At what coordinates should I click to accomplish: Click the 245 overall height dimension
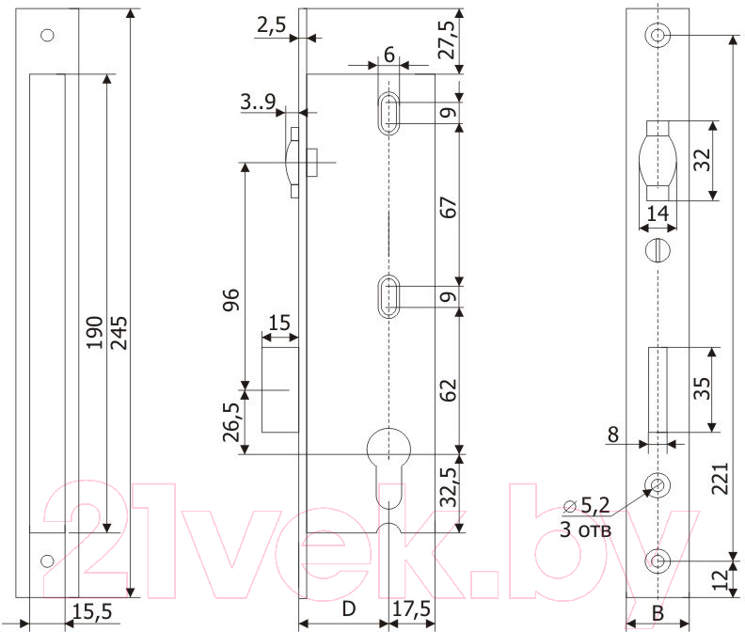click(119, 333)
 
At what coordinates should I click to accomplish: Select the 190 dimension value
click(95, 333)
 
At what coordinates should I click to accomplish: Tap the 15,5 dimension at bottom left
click(92, 611)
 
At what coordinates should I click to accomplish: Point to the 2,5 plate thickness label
click(271, 25)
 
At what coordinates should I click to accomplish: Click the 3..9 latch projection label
click(258, 102)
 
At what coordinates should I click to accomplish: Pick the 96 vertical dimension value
click(231, 299)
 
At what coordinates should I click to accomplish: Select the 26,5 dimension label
click(231, 422)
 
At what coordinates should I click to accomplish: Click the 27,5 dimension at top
click(447, 39)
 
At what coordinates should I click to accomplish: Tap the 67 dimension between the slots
click(448, 207)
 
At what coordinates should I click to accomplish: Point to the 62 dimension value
click(448, 390)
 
